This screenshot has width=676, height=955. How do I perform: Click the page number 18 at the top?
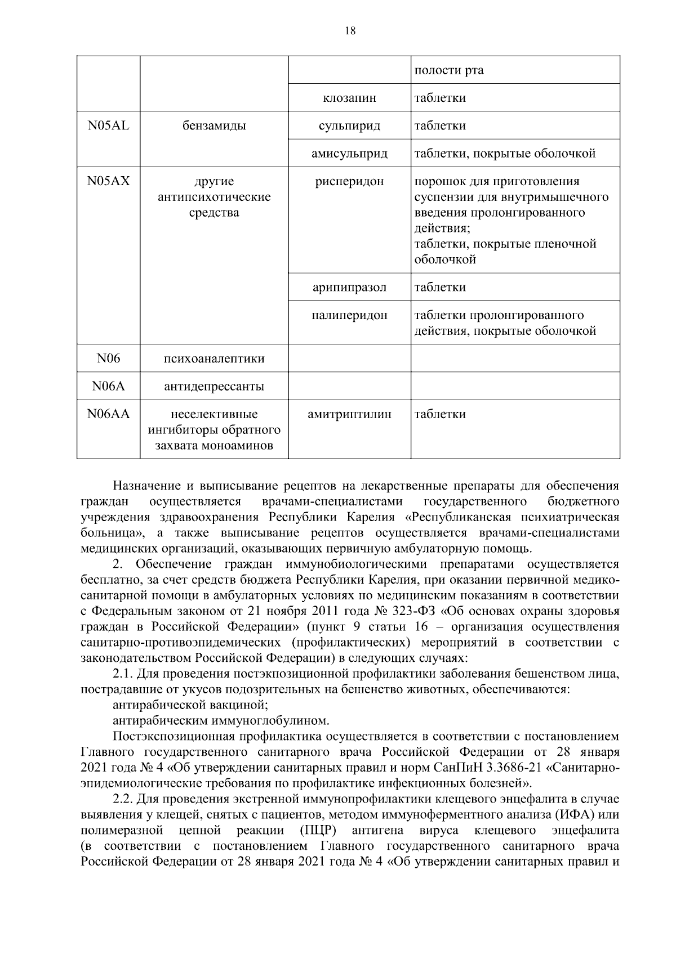point(349,32)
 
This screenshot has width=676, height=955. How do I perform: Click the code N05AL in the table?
point(108,125)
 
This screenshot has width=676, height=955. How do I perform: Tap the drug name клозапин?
point(349,98)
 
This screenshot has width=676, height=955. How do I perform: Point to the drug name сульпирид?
point(349,125)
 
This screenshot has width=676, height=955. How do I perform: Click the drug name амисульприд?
point(349,153)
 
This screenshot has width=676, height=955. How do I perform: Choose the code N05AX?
point(108,181)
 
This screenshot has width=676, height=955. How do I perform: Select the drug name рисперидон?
point(349,181)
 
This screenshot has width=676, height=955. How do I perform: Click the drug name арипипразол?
point(349,287)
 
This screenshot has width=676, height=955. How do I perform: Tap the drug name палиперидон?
point(349,315)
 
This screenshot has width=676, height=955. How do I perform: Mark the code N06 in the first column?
point(108,358)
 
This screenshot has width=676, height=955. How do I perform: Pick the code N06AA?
point(108,414)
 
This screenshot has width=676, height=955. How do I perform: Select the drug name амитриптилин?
point(349,414)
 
